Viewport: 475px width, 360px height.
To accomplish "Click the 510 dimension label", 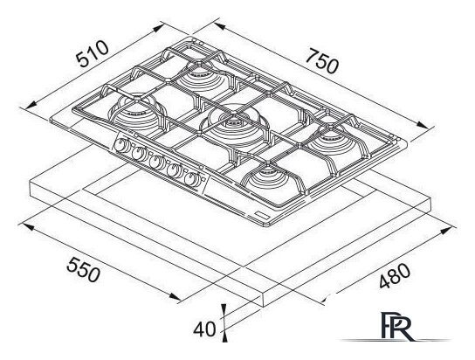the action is [92, 53].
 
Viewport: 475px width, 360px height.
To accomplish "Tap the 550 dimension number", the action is [83, 269].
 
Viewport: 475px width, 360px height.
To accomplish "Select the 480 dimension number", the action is [395, 276].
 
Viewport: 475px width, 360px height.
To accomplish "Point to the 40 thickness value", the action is [205, 329].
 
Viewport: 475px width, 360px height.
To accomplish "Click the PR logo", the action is [396, 326].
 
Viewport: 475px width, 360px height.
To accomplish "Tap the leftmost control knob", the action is [121, 145].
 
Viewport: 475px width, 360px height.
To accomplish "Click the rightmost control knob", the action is [190, 180].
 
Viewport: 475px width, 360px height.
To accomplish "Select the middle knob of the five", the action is [155, 163].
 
